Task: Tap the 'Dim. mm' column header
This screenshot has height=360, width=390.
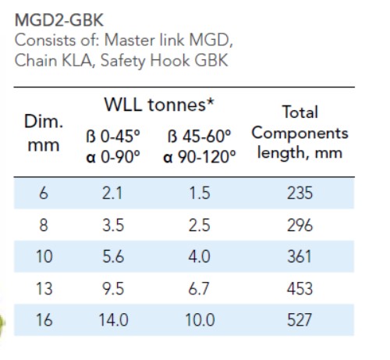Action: tap(44, 136)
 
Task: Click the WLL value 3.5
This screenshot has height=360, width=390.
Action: tap(113, 226)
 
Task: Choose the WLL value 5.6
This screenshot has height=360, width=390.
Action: tap(113, 256)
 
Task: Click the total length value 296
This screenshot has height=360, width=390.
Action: tap(300, 226)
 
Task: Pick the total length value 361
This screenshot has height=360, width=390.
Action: tap(300, 256)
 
